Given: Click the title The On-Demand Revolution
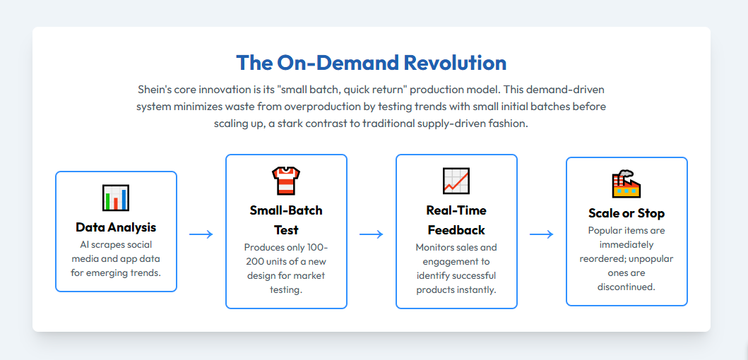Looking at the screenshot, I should click(371, 62).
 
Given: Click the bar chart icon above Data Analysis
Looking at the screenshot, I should click(116, 198).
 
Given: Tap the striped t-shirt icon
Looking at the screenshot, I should click(286, 181).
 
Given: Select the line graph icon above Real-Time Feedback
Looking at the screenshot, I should click(456, 181).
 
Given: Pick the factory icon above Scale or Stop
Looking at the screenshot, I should click(627, 184).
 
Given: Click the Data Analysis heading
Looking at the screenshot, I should click(116, 227).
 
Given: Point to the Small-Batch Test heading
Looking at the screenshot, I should click(286, 220).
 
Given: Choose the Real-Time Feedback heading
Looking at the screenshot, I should click(456, 220).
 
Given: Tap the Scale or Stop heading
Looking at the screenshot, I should click(627, 212).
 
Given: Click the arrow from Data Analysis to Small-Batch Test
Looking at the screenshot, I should click(201, 234).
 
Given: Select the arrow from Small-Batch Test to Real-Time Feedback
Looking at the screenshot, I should click(372, 234).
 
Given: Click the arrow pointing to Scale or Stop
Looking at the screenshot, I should click(542, 234).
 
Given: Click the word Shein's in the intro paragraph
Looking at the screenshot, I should click(155, 90).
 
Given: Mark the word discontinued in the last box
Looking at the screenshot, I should click(627, 287).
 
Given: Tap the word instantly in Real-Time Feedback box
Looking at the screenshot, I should click(477, 290).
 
